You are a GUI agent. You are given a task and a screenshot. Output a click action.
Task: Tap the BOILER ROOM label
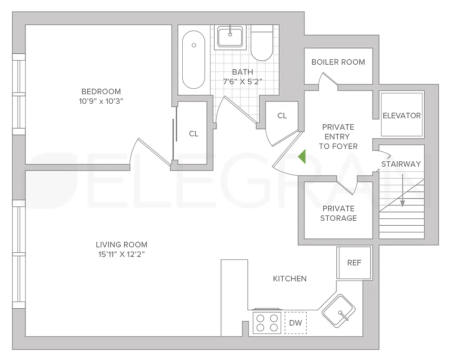click(338, 62)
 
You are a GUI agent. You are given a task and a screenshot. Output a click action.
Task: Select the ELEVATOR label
click(401, 115)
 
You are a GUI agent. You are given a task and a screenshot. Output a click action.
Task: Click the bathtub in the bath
click(194, 60)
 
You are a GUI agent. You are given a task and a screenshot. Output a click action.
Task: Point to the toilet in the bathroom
click(262, 43)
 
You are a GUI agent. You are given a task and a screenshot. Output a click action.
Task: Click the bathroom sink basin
click(230, 36)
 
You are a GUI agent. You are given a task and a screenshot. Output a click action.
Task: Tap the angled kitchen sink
click(339, 311)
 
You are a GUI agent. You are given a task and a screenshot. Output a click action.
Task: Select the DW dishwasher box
click(295, 323)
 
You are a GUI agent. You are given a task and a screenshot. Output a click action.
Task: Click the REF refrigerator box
click(354, 263)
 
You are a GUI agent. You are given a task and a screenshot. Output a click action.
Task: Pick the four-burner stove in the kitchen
click(267, 323)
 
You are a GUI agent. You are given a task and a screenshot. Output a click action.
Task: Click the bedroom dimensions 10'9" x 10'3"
click(101, 101)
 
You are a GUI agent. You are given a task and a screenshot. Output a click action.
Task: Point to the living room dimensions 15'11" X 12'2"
click(121, 255)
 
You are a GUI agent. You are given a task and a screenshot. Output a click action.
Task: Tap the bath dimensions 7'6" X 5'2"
click(242, 82)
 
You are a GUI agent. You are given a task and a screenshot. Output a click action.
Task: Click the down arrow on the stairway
click(403, 190)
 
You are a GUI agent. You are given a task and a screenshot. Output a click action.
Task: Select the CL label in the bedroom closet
click(194, 133)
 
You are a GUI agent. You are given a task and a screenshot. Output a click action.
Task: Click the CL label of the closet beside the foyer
click(282, 115)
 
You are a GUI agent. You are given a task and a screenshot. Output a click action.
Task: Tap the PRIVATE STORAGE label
click(339, 213)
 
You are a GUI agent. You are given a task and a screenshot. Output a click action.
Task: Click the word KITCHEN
click(290, 279)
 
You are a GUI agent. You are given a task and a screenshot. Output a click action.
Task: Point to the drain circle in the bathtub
click(194, 45)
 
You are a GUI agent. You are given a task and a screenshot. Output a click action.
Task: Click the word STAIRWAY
click(401, 164)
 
